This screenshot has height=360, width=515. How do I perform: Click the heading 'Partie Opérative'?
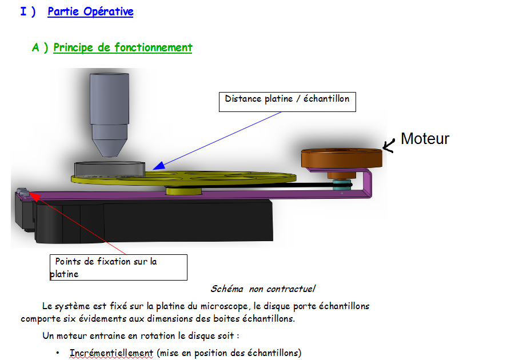coord(90,11)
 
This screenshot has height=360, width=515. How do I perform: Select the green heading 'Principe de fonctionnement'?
coord(122,47)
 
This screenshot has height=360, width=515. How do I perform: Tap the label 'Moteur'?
coord(425,138)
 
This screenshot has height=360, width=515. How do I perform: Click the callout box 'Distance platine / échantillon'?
coord(288,101)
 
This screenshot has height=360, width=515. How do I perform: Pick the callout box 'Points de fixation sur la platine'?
coord(118,267)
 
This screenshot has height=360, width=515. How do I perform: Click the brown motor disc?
coord(341,158)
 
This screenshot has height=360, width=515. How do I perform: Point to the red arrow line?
coord(80,223)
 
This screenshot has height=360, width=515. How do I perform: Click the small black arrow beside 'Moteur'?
coord(389,146)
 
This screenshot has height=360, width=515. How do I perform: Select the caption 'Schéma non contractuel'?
coord(262,289)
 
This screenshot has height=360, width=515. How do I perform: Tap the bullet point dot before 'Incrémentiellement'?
coord(58,353)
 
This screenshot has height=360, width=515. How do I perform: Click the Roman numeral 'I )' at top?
coord(28,11)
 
